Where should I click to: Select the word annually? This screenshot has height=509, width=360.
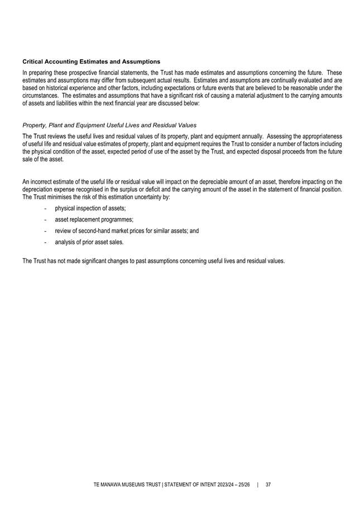(x=248, y=137)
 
